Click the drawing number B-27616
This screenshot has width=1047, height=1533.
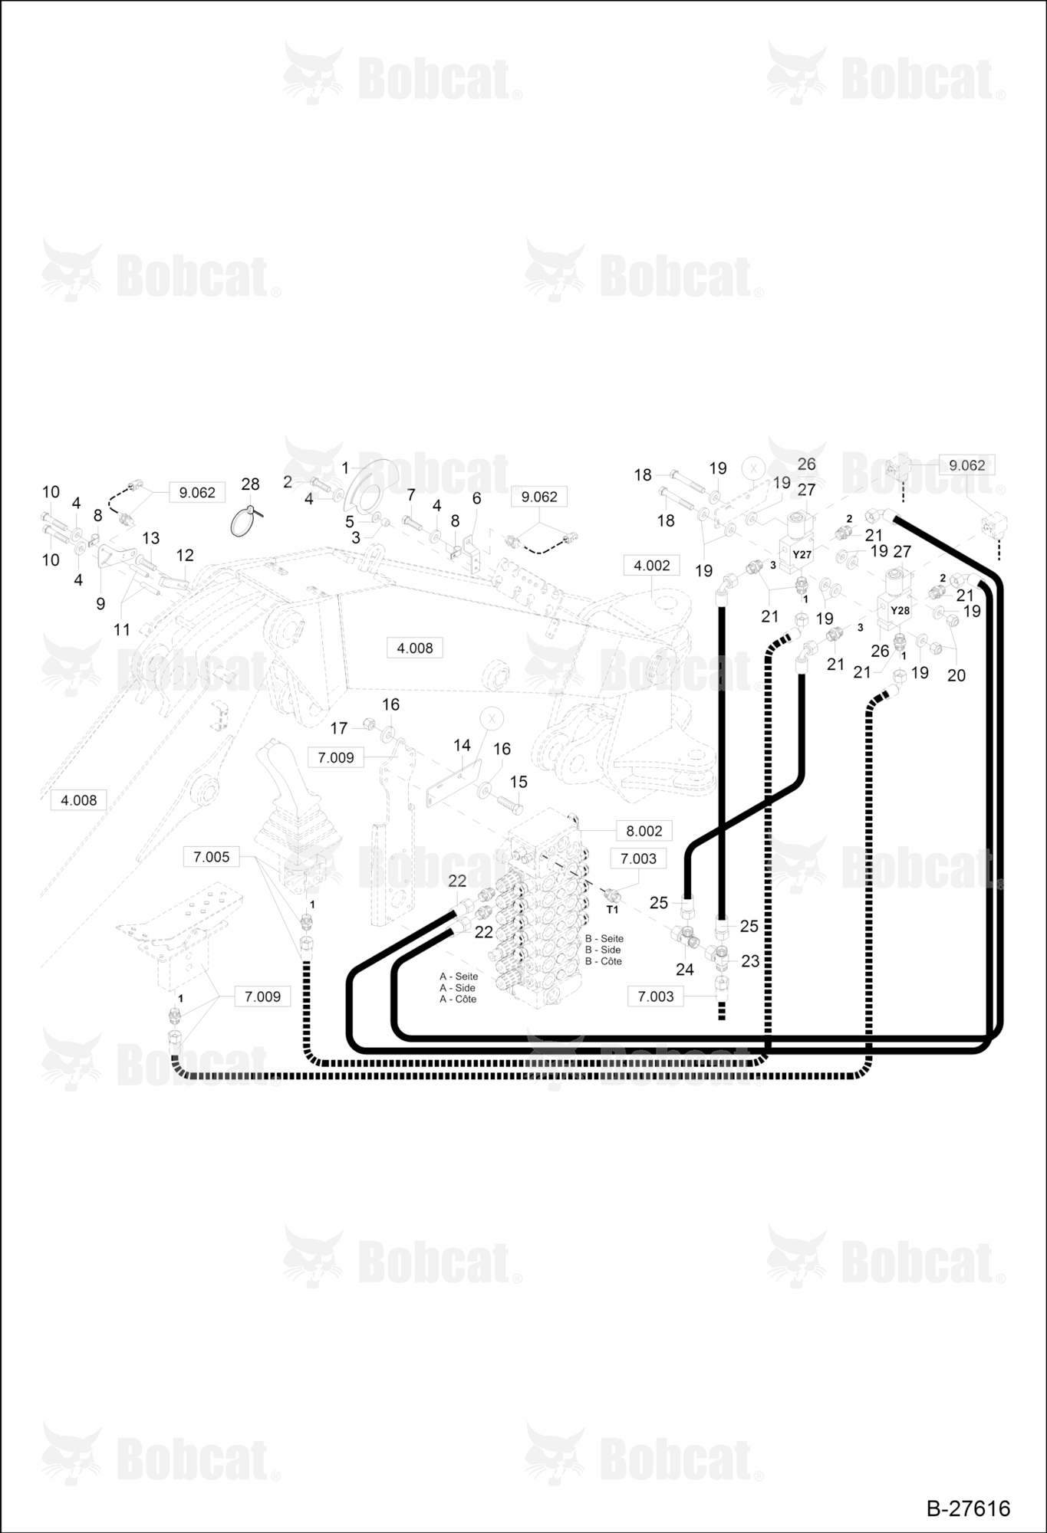tap(968, 1508)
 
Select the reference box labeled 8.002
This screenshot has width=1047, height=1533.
tap(644, 831)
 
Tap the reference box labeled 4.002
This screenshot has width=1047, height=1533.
tap(652, 566)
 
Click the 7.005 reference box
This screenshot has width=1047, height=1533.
tap(211, 857)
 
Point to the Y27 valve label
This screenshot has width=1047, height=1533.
tap(802, 554)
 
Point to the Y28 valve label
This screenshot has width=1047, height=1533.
tap(900, 611)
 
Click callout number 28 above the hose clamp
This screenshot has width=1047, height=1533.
tap(251, 484)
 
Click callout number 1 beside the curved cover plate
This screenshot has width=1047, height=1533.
tap(345, 468)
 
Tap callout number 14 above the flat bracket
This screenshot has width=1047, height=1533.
tap(462, 745)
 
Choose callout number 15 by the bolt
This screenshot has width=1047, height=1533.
tap(519, 782)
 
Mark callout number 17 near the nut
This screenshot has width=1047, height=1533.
tap(339, 728)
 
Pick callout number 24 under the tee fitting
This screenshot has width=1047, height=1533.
tap(685, 970)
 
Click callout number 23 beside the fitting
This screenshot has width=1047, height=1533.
tap(750, 961)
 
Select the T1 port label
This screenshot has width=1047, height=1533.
tap(612, 910)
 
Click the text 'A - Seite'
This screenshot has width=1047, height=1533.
tap(459, 977)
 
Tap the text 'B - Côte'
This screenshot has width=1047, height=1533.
tap(604, 961)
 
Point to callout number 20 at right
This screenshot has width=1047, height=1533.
tap(956, 675)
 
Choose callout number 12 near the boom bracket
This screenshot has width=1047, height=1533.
tap(185, 555)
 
